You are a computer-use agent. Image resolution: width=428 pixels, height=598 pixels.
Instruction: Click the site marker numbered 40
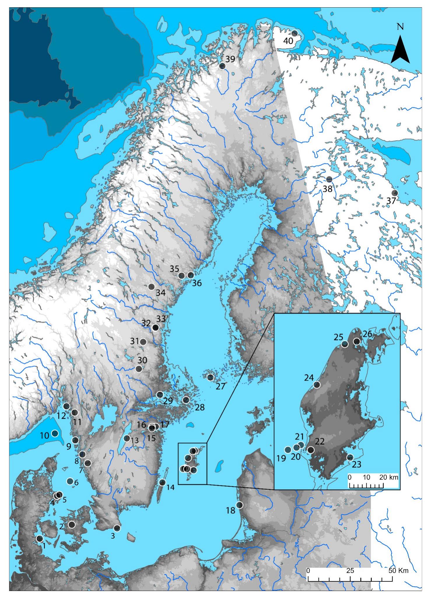pos(294,33)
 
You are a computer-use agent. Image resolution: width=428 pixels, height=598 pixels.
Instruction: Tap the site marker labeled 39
pos(222,66)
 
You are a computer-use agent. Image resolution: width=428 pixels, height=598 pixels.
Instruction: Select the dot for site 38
pos(329,179)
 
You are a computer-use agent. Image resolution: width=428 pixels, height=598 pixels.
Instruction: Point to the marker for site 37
pos(394,193)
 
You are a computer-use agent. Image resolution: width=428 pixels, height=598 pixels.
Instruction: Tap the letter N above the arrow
pos(400,27)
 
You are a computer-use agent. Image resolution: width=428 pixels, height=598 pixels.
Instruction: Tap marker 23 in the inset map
pos(350,457)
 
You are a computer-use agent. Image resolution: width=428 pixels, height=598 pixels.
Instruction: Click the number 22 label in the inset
pos(320,442)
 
